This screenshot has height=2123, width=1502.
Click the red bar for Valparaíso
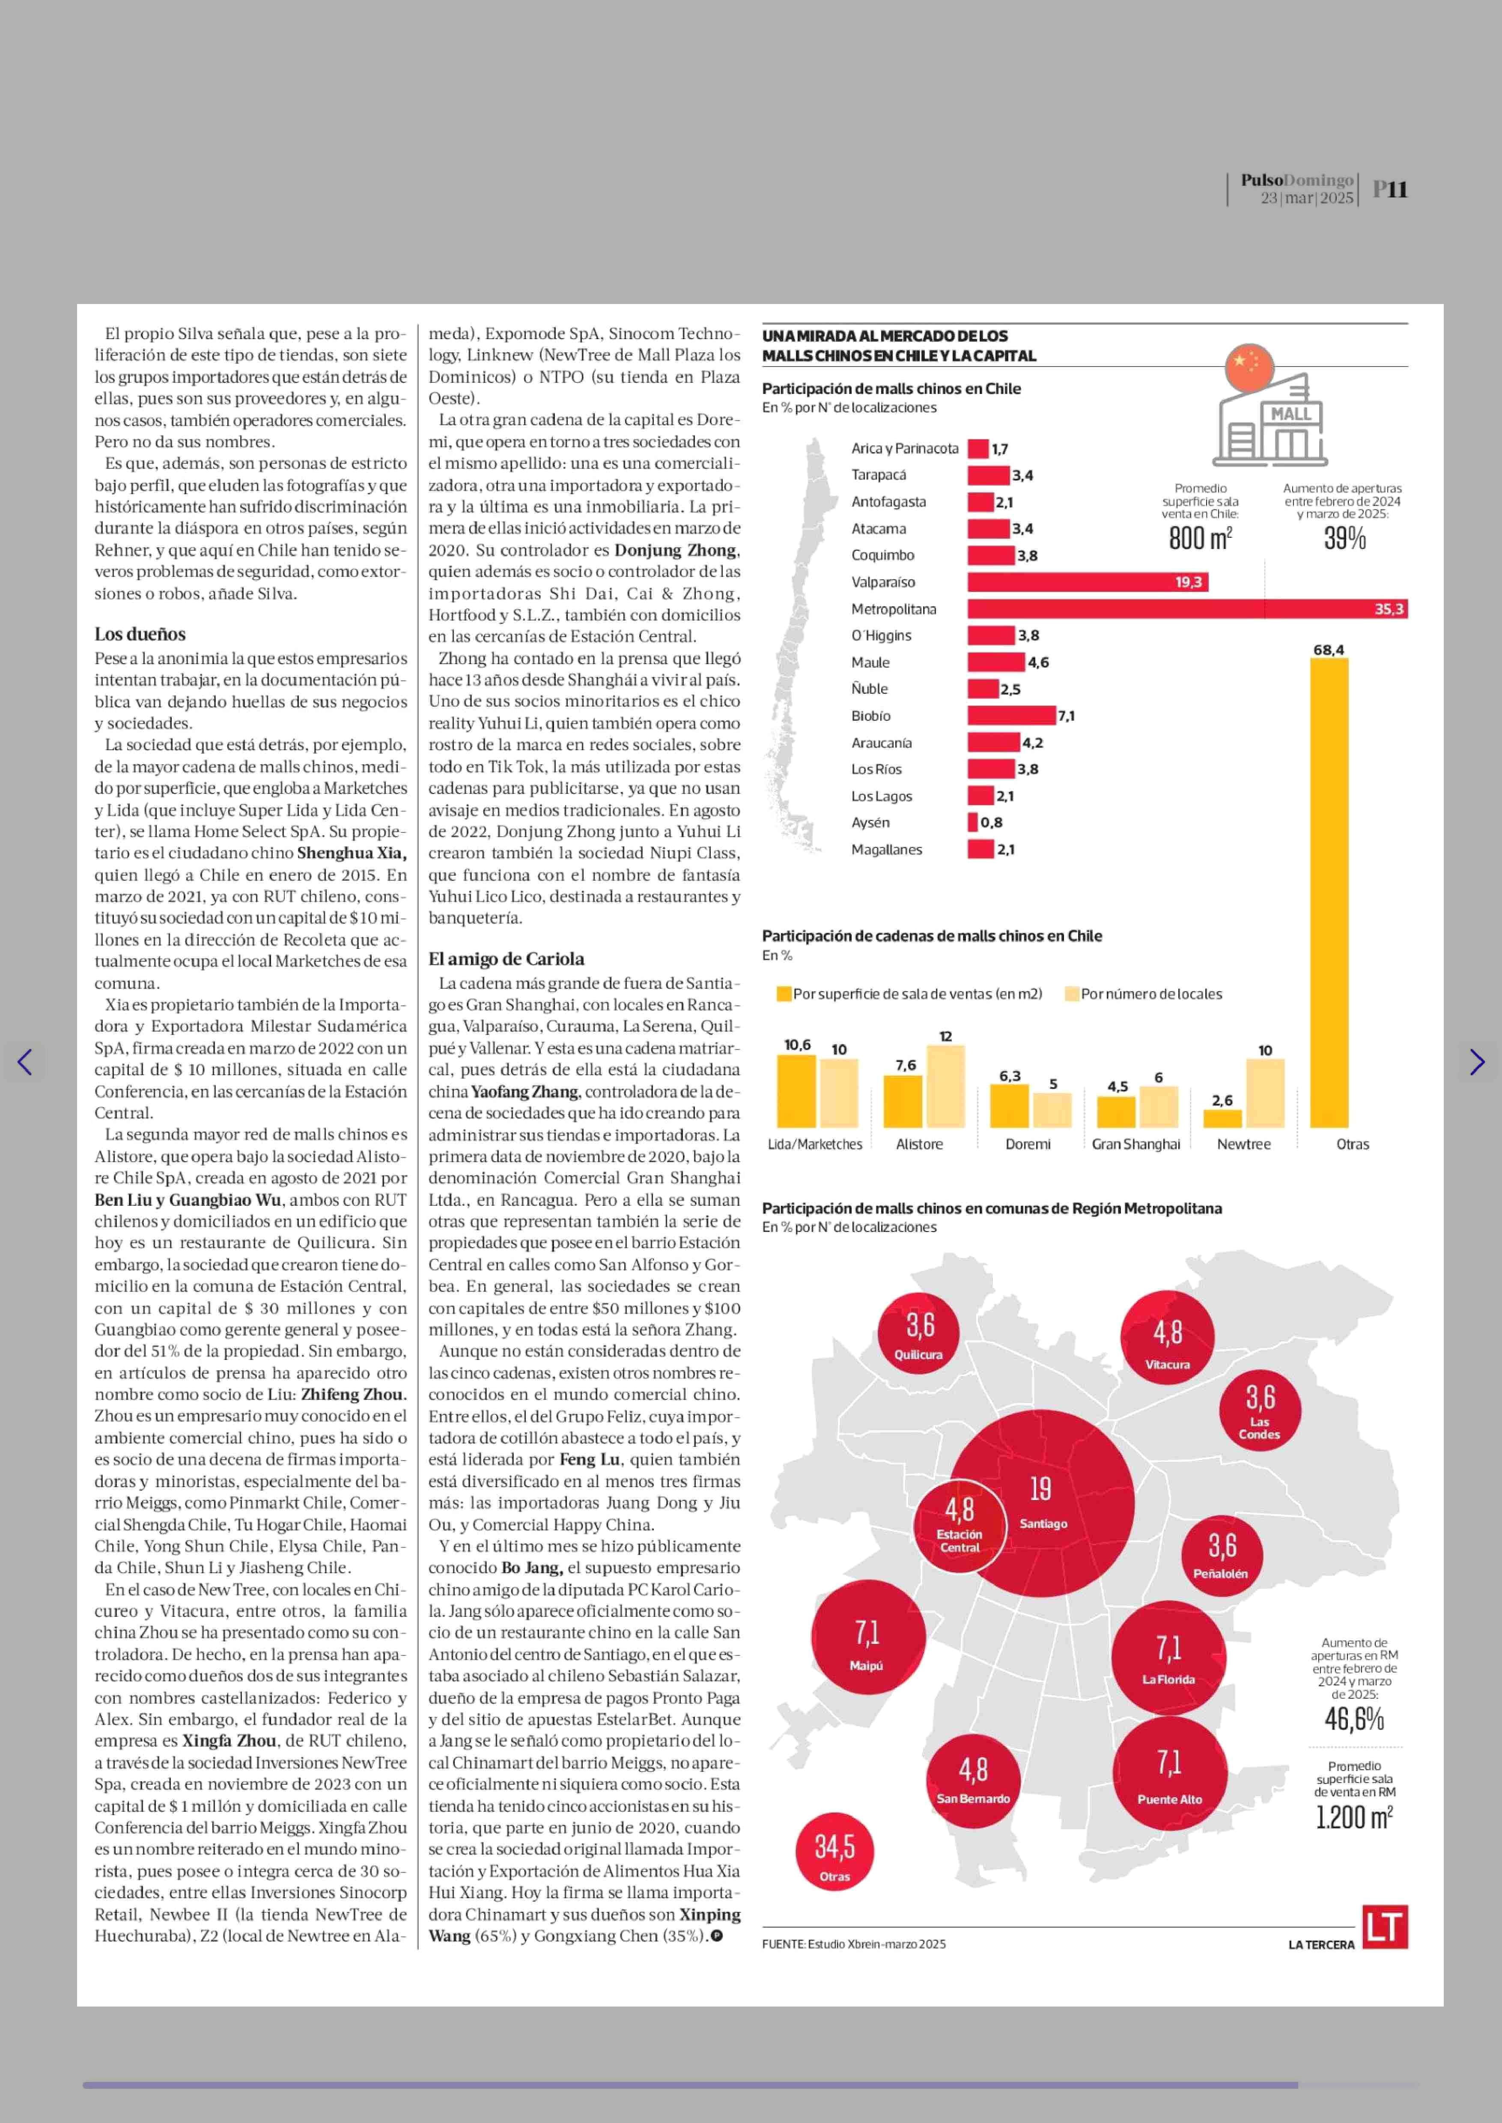(x=1087, y=582)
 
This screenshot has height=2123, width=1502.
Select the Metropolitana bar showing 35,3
(x=1186, y=609)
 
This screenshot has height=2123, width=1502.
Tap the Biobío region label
(x=870, y=716)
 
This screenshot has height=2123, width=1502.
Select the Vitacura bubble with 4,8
(x=1167, y=1336)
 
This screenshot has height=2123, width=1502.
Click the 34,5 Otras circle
(x=834, y=1852)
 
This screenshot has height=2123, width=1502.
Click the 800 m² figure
(x=1200, y=537)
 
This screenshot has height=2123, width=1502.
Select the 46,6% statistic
(x=1354, y=1719)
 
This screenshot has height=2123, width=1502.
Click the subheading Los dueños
(x=140, y=634)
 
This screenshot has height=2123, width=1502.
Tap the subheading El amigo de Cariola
(x=506, y=958)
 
